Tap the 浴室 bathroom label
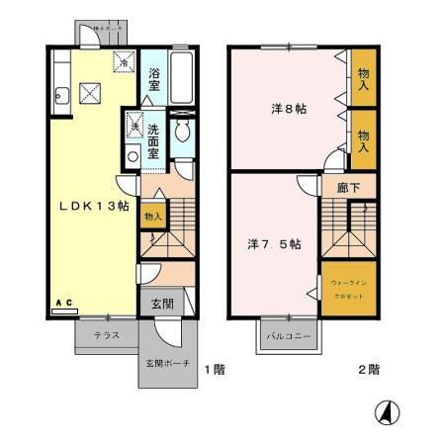tap(155, 79)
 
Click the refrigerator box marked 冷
tap(125, 61)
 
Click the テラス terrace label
tap(107, 336)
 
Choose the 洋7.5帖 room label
tap(275, 242)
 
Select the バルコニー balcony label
tap(289, 336)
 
